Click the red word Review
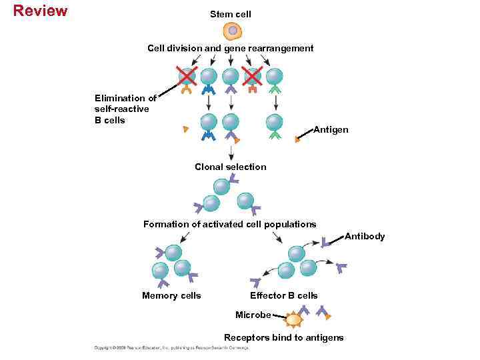pyautogui.click(x=40, y=11)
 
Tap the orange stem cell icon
pyautogui.click(x=231, y=30)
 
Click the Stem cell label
pyautogui.click(x=231, y=14)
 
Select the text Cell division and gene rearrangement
pyautogui.click(x=230, y=48)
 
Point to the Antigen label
pyautogui.click(x=331, y=130)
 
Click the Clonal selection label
pyautogui.click(x=230, y=167)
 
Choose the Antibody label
pyautogui.click(x=365, y=236)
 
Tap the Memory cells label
pyautogui.click(x=171, y=295)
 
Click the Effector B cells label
pyautogui.click(x=283, y=295)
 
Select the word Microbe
pyautogui.click(x=253, y=315)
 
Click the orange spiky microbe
pyautogui.click(x=293, y=320)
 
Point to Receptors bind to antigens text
pyautogui.click(x=283, y=337)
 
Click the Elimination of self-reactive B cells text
pyautogui.click(x=125, y=109)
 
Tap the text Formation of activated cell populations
pyautogui.click(x=229, y=224)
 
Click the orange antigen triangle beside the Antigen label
pyautogui.click(x=298, y=139)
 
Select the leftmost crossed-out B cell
pyautogui.click(x=187, y=75)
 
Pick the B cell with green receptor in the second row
pyautogui.click(x=274, y=122)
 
